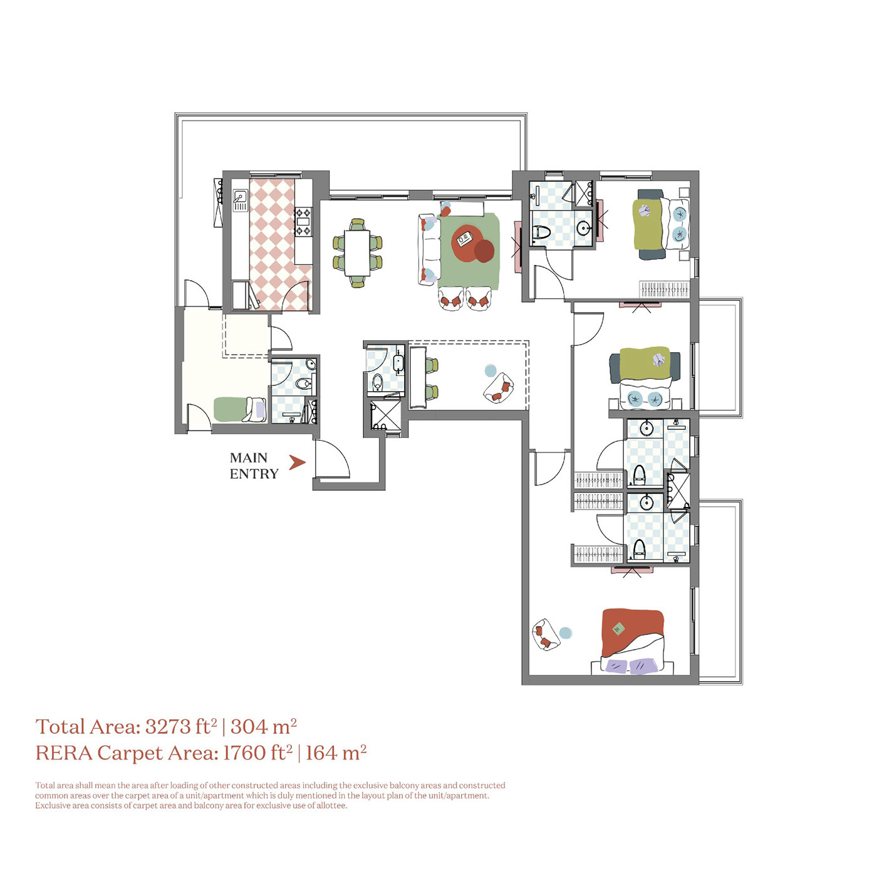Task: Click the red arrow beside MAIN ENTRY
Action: tap(296, 463)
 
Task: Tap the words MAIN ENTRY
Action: tap(254, 466)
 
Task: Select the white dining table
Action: tap(357, 253)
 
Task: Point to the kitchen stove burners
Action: tap(303, 222)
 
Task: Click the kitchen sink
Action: tap(240, 200)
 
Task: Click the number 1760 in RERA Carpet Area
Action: tap(244, 753)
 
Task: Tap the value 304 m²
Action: tap(263, 726)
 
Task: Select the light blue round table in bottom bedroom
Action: tap(565, 633)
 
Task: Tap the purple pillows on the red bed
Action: tap(630, 666)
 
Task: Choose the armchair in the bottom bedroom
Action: tap(545, 635)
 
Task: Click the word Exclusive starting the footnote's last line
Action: tap(53, 805)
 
